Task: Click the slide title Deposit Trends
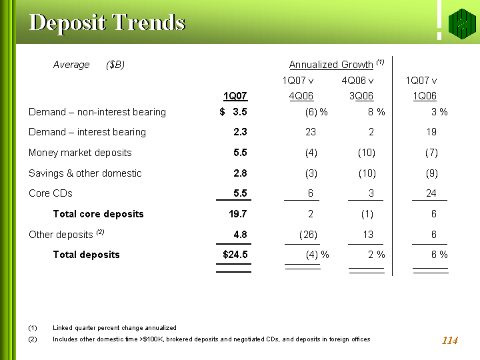pos(107,23)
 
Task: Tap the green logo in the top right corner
pos(461,23)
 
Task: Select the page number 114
pos(449,341)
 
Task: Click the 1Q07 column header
pos(235,95)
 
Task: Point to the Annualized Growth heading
pos(331,65)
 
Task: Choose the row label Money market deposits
pos(80,153)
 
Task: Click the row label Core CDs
pos(51,193)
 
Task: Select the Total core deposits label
pos(98,214)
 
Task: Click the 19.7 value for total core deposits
pos(238,214)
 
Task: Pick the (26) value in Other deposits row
pos(307,235)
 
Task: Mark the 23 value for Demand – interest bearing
pos(311,132)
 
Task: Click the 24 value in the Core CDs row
pos(431,193)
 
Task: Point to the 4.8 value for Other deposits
pos(240,235)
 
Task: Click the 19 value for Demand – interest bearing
pos(431,132)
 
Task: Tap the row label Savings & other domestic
pos(85,173)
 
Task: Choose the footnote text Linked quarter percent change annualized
pos(115,328)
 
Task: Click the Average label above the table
pos(71,65)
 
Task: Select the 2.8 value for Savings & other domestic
pos(240,173)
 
